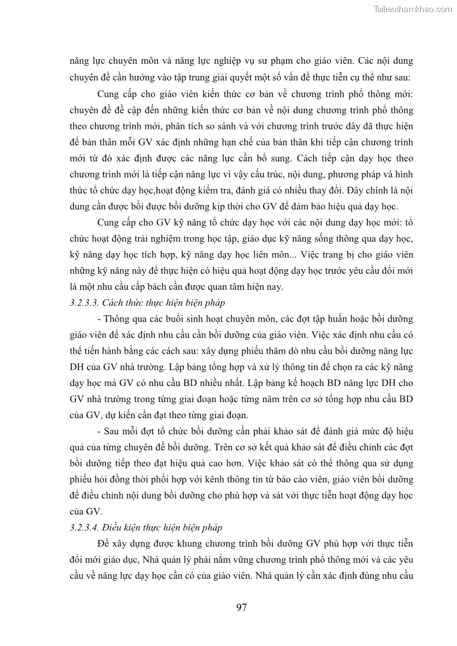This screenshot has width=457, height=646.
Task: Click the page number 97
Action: (x=242, y=607)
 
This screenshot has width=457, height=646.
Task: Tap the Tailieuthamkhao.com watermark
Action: (x=413, y=9)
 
